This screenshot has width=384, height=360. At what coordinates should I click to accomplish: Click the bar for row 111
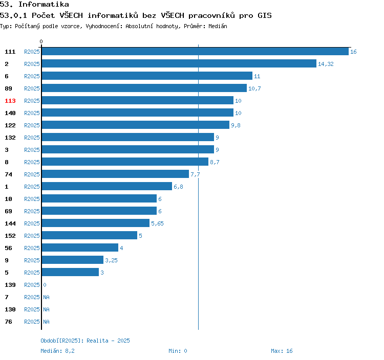point(195,52)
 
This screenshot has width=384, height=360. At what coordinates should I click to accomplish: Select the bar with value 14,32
point(179,64)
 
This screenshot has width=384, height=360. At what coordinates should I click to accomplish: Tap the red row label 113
point(10,101)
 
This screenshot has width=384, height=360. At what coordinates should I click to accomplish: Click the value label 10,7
point(254,88)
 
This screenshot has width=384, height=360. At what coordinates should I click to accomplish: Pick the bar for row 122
point(135,125)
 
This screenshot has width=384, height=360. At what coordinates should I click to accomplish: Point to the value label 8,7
point(215,162)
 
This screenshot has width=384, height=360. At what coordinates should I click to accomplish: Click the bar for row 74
point(115,174)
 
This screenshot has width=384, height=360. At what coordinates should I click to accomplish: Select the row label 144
point(10,223)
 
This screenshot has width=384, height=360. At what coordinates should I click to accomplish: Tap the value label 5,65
point(157,223)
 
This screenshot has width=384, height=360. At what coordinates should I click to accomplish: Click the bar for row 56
point(80,248)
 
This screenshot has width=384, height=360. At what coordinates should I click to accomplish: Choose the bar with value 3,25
point(72,260)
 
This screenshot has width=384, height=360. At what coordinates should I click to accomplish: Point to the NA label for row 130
point(46,309)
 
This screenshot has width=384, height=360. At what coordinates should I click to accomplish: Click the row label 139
point(10,285)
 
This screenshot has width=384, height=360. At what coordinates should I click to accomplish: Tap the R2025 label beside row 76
point(32,322)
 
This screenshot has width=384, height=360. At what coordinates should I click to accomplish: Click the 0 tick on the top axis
point(41,41)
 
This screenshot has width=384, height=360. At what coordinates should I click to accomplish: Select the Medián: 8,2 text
point(57,351)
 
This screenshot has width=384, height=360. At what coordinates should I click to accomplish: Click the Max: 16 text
point(282,351)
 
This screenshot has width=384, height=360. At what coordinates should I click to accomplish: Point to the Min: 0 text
point(178,351)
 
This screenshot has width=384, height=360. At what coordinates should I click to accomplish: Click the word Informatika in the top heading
point(44,5)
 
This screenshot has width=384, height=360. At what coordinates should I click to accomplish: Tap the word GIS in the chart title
point(264,15)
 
